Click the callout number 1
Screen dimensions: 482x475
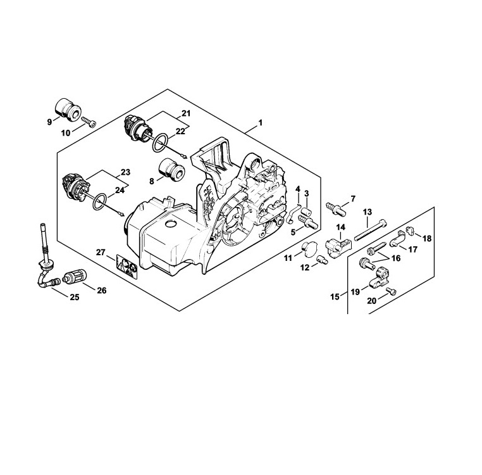[x=261, y=123]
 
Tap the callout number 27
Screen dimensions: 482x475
[x=101, y=253]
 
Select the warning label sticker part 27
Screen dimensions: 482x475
[x=127, y=267]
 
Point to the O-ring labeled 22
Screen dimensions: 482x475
[x=160, y=142]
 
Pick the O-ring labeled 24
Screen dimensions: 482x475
[x=100, y=202]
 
